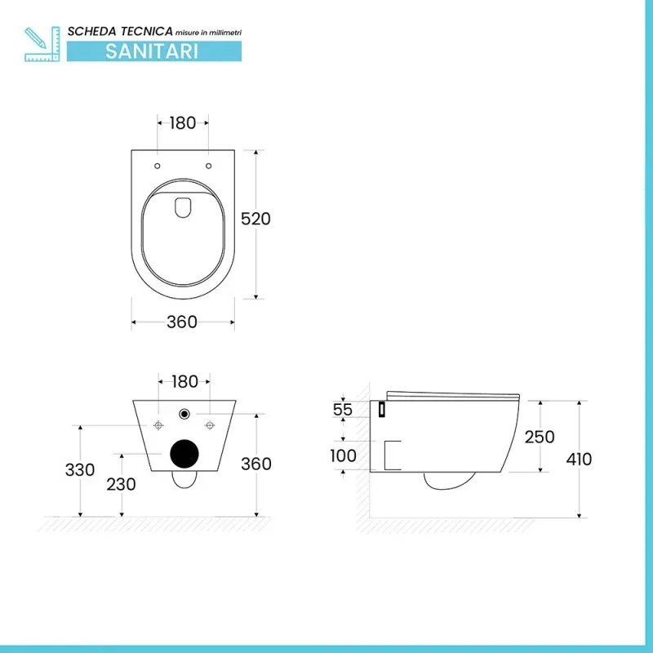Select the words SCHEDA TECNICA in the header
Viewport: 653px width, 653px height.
point(120,30)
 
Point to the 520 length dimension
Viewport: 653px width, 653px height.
point(255,219)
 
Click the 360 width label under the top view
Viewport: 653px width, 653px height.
point(182,322)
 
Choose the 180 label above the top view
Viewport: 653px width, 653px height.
point(183,123)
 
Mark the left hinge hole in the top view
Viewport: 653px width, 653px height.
point(157,167)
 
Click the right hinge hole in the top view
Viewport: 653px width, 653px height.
point(209,167)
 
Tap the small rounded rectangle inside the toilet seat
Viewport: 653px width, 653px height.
point(183,207)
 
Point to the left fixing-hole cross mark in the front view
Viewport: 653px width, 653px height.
point(158,424)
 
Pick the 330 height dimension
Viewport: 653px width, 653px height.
point(82,470)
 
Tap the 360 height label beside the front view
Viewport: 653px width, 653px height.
point(255,464)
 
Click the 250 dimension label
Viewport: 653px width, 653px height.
point(539,437)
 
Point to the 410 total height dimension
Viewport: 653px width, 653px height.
point(579,459)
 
